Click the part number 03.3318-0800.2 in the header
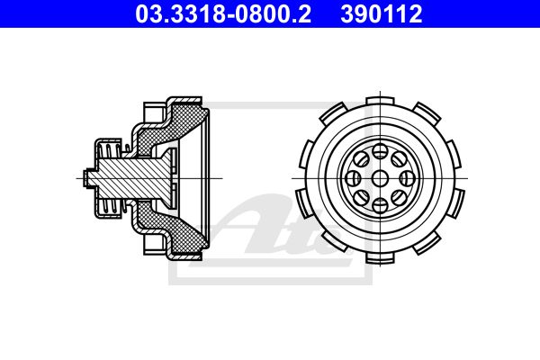coord(223,13)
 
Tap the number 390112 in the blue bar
coord(382,13)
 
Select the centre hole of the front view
coord(380,178)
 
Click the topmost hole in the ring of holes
coord(380,151)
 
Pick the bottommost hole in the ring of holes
coord(380,205)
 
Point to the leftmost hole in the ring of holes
coord(353,178)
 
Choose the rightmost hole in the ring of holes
coord(407,178)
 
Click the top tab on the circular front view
coord(380,101)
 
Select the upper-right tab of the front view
coord(427,112)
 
